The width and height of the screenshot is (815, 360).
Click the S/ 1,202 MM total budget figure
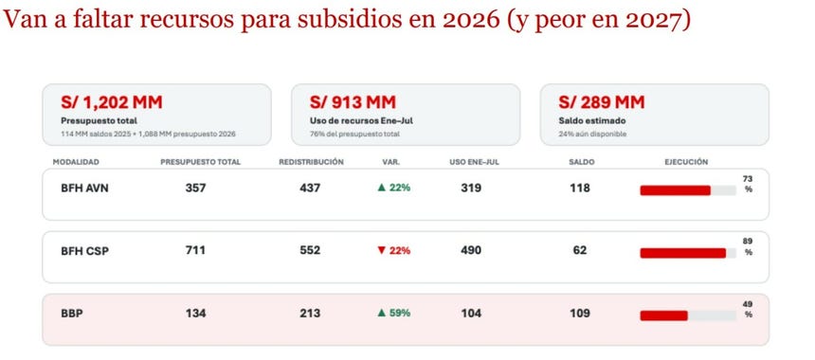pyautogui.click(x=112, y=102)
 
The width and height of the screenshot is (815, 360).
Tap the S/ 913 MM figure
pyautogui.click(x=353, y=102)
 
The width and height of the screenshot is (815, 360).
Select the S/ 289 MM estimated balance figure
pyautogui.click(x=602, y=102)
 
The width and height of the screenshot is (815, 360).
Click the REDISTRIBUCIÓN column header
pyautogui.click(x=311, y=162)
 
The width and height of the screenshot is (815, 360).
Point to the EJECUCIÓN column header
pyautogui.click(x=686, y=162)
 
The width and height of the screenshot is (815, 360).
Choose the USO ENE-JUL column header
pyautogui.click(x=474, y=162)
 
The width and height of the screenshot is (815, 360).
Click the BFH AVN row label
pyautogui.click(x=84, y=188)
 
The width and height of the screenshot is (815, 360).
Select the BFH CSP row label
pyautogui.click(x=84, y=251)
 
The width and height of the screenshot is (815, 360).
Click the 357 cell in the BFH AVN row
pyautogui.click(x=195, y=188)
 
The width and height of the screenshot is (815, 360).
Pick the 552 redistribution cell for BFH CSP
pyautogui.click(x=310, y=250)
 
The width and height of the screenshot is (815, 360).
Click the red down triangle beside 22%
pyautogui.click(x=382, y=250)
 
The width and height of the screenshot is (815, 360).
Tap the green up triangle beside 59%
pyautogui.click(x=382, y=313)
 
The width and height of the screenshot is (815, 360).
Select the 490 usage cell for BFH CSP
pyautogui.click(x=471, y=250)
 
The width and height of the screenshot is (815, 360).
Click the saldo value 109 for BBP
pyautogui.click(x=580, y=314)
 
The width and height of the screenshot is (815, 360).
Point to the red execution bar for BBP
pyautogui.click(x=663, y=315)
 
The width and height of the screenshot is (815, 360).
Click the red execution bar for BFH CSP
pyautogui.click(x=683, y=253)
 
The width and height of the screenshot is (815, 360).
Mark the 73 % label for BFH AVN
pyautogui.click(x=748, y=184)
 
